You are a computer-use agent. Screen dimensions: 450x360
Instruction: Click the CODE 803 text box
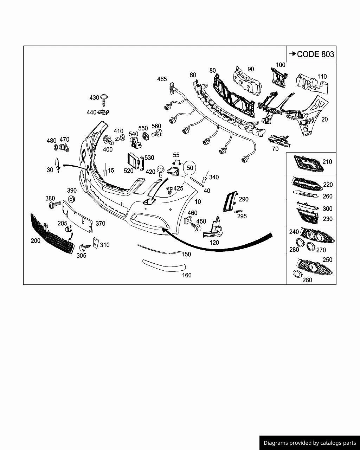(311, 54)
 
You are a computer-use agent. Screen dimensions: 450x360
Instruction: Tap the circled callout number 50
(190, 168)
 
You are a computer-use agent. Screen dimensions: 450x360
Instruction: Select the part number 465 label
(162, 79)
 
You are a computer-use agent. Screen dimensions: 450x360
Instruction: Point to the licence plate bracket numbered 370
(78, 217)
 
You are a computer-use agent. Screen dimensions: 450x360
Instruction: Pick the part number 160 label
(187, 275)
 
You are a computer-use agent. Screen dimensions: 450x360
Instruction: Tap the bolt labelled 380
(56, 204)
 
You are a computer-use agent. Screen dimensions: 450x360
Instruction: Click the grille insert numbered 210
(308, 163)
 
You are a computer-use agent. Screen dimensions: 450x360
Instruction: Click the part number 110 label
(322, 76)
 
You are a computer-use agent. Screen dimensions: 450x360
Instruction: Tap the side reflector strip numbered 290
(230, 201)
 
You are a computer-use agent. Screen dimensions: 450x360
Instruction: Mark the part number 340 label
(214, 177)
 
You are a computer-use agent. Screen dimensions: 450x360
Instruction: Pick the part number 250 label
(327, 260)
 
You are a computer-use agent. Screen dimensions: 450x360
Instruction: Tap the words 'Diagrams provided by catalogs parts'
(310, 443)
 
